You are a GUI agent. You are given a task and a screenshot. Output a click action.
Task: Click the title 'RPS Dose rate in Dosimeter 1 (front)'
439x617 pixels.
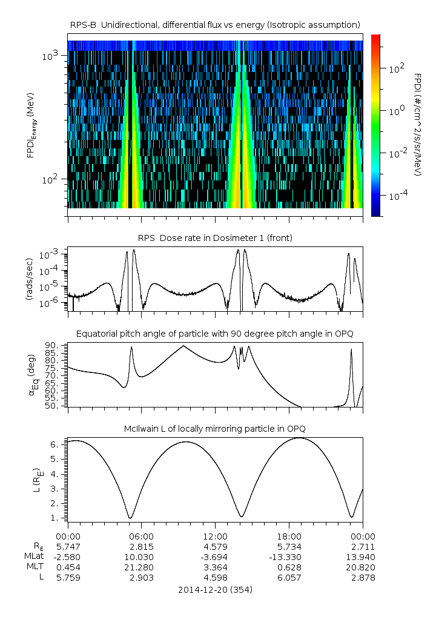click(215, 238)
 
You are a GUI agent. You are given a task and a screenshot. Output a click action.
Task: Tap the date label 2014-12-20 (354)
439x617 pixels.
click(215, 589)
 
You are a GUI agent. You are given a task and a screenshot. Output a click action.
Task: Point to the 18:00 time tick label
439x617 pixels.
click(289, 536)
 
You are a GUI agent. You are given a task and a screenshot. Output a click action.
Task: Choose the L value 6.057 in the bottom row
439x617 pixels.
click(289, 578)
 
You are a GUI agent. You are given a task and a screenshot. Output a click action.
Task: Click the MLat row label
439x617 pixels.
click(33, 556)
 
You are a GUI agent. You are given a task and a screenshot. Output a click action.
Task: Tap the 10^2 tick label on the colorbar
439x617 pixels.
click(396, 68)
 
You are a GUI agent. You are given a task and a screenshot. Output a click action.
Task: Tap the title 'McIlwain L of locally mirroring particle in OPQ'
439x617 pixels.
click(215, 429)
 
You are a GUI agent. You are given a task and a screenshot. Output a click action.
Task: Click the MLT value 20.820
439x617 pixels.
click(363, 567)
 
